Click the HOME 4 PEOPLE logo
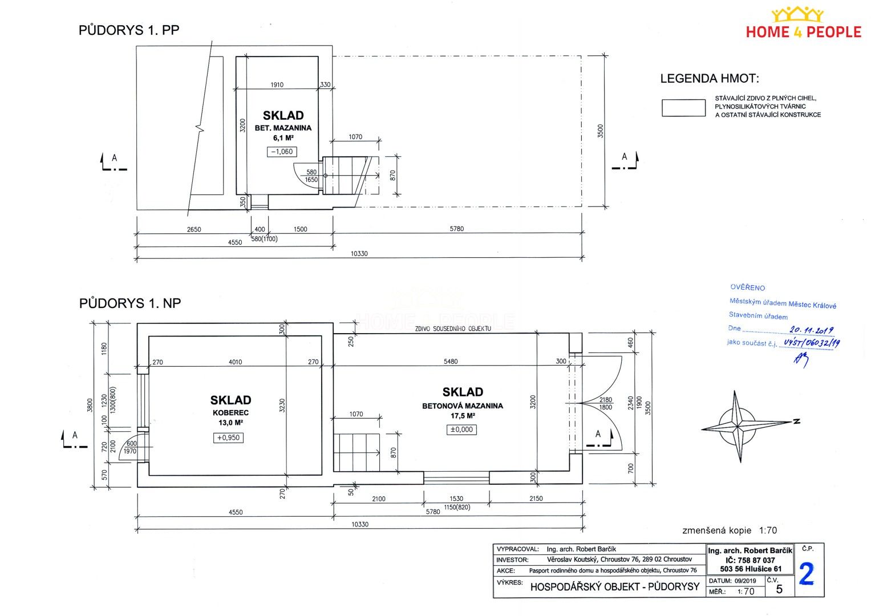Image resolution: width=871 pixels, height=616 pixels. click(x=803, y=23)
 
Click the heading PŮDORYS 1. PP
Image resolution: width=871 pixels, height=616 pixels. click(x=129, y=30)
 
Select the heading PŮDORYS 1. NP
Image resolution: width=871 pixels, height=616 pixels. click(x=130, y=303)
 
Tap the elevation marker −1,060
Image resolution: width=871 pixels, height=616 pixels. click(x=282, y=152)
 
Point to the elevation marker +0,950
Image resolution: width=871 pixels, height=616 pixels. click(x=228, y=438)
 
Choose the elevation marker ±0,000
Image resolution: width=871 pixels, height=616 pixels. click(x=461, y=429)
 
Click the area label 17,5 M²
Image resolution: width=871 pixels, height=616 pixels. click(x=463, y=416)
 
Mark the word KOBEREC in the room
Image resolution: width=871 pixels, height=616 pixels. click(x=230, y=413)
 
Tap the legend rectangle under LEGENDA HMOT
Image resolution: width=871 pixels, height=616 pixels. click(x=683, y=108)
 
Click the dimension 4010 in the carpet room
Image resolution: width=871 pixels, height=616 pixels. click(x=235, y=362)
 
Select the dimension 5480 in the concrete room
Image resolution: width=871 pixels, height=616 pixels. click(x=451, y=362)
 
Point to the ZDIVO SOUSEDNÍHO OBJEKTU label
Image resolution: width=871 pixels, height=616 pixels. click(x=453, y=329)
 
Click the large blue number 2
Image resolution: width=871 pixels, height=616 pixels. click(x=807, y=574)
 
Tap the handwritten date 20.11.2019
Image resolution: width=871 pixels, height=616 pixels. click(x=812, y=331)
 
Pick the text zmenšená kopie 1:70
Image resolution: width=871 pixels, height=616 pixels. click(x=730, y=530)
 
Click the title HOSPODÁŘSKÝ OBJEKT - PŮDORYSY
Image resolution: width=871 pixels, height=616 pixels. click(x=615, y=587)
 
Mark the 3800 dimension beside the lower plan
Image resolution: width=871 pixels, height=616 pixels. click(x=90, y=405)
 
